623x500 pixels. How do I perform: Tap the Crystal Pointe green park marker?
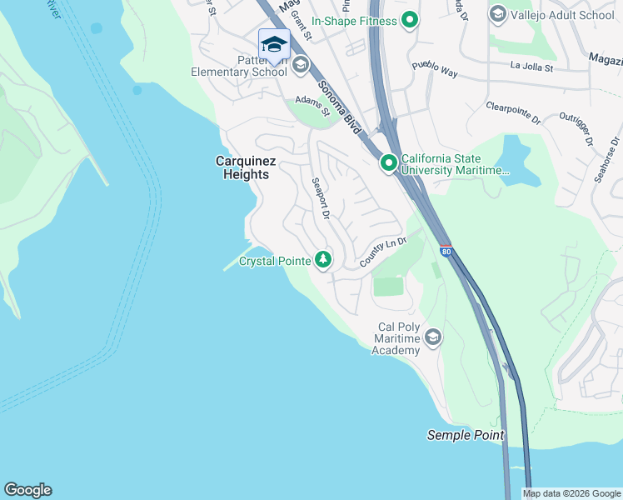pyautogui.click(x=323, y=260)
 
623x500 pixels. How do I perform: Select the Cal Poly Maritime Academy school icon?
pyautogui.click(x=432, y=337)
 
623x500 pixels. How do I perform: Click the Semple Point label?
pyautogui.click(x=465, y=435)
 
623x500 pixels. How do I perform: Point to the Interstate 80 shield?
pyautogui.click(x=446, y=249)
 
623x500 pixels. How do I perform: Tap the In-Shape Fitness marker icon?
pyautogui.click(x=410, y=19)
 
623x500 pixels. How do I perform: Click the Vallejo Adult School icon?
pyautogui.click(x=498, y=13)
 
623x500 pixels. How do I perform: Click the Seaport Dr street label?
pyautogui.click(x=321, y=198)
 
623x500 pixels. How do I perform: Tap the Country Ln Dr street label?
pyautogui.click(x=382, y=252)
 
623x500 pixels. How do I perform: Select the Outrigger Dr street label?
pyautogui.click(x=576, y=129)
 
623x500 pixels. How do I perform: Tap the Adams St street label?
pyautogui.click(x=313, y=106)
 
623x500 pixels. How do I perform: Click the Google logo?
pyautogui.click(x=27, y=490)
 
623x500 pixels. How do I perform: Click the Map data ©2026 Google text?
pyautogui.click(x=571, y=493)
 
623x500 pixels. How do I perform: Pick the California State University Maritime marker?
pyautogui.click(x=388, y=163)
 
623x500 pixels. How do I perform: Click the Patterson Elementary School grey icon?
pyautogui.click(x=300, y=63)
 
